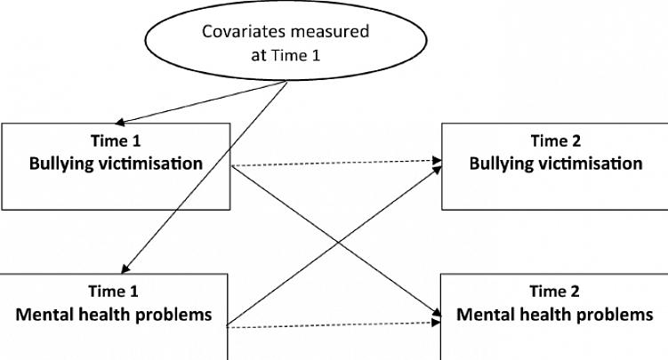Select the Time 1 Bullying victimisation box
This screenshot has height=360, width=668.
click(115, 165)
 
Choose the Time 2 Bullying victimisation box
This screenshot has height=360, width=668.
click(553, 165)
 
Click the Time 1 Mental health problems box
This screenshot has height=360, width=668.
click(115, 316)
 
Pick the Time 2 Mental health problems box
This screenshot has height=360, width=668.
click(553, 316)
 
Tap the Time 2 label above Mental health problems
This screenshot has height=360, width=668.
click(554, 291)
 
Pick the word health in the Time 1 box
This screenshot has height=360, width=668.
click(127, 315)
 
